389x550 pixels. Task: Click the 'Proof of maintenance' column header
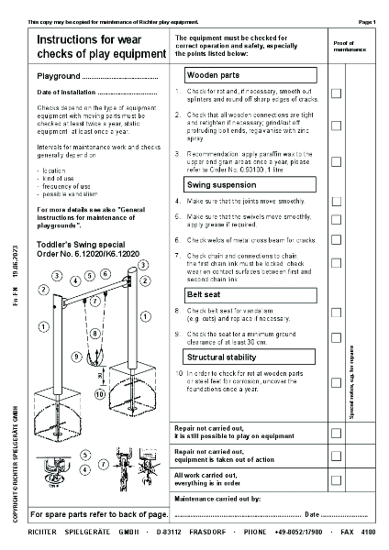(343, 46)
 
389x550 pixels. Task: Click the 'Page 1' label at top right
(366, 20)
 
